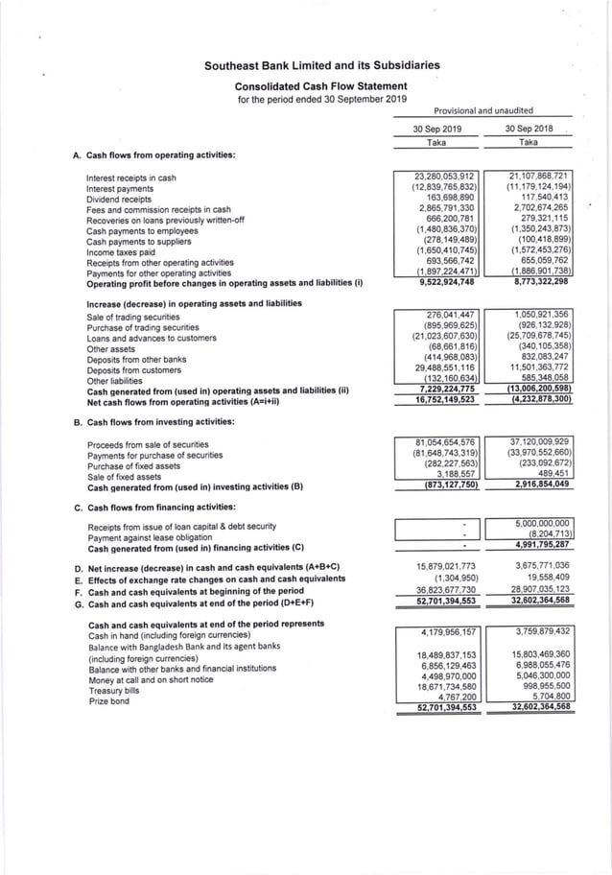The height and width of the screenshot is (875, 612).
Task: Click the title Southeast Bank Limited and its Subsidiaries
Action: pos(322,66)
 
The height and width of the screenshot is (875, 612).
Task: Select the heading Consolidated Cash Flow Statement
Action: pos(322,85)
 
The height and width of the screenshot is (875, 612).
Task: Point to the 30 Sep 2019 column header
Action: pos(437,129)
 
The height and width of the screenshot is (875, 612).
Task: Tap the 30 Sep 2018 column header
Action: pos(528,129)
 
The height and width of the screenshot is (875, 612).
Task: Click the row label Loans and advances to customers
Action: pos(152,338)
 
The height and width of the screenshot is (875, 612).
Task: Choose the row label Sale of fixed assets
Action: pos(124,477)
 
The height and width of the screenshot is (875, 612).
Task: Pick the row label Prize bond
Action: pos(110,701)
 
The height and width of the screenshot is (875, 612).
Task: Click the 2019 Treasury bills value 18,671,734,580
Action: pos(445,688)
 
